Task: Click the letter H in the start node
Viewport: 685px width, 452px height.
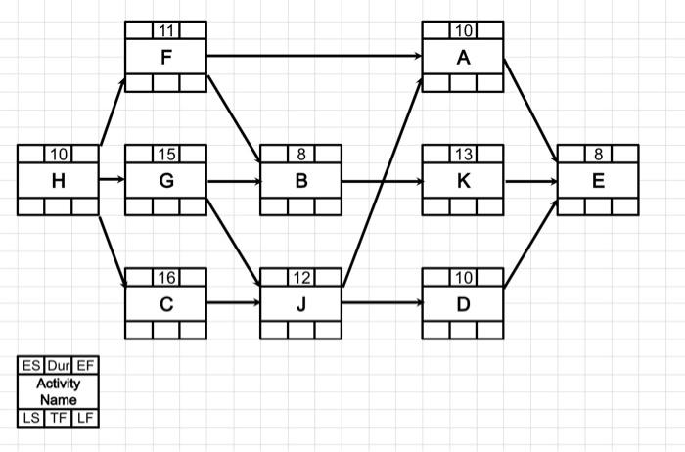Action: click(58, 181)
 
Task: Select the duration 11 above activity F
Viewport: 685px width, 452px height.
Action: click(166, 30)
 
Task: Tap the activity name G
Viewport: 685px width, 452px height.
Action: click(166, 181)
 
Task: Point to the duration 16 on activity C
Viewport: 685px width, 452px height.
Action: click(166, 278)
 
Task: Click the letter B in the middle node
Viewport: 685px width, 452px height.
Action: click(301, 181)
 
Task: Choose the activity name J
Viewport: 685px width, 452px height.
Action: click(301, 303)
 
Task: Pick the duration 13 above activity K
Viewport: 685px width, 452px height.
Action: click(463, 155)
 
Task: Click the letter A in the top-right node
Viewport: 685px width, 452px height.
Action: click(463, 58)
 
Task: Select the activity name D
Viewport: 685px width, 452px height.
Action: click(463, 303)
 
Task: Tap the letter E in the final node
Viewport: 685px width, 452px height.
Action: click(598, 181)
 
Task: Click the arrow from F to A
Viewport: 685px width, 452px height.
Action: click(313, 56)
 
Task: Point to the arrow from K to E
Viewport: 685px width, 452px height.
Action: click(529, 181)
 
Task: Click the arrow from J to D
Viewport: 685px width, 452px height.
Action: click(382, 303)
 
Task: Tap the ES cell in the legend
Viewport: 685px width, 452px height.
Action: click(29, 366)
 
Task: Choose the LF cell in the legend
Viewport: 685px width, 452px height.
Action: click(86, 419)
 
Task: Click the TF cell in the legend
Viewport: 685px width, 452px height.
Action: click(58, 419)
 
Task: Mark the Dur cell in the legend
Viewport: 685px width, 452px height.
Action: click(58, 366)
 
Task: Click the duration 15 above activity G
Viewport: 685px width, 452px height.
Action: click(166, 155)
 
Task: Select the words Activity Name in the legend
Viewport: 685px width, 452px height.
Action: click(58, 391)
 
